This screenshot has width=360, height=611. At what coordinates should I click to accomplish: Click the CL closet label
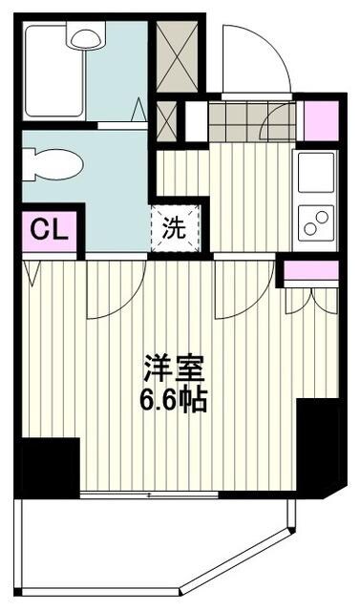[47, 230]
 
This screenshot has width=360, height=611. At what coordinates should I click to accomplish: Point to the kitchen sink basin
[315, 172]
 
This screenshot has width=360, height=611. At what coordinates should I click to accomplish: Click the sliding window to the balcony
[148, 495]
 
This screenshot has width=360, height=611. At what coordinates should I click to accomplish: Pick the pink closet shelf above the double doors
[310, 270]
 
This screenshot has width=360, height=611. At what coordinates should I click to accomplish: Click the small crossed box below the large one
[166, 120]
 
